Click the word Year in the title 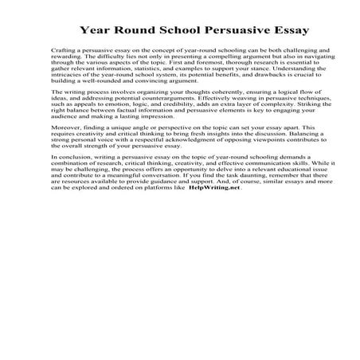point(95,32)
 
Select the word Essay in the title point(269,32)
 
